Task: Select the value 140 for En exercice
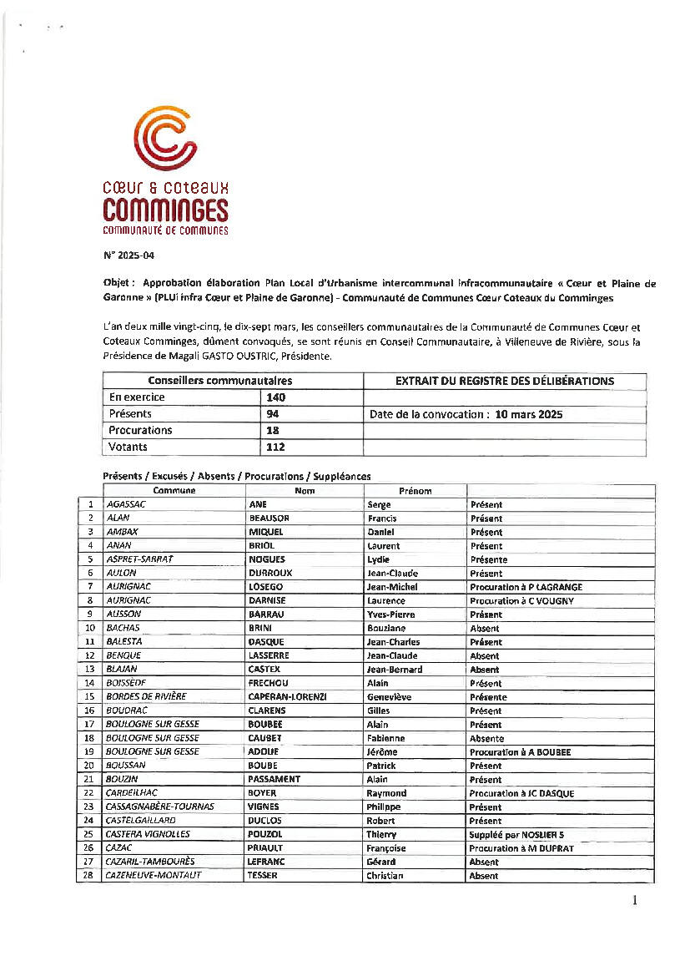click(x=275, y=397)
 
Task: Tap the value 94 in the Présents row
click(x=272, y=414)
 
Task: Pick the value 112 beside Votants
click(x=275, y=447)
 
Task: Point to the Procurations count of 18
click(x=272, y=430)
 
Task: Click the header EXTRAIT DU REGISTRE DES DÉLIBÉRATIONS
click(x=504, y=381)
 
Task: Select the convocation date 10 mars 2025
click(x=528, y=414)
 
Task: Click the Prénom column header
click(x=415, y=491)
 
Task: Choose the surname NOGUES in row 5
click(x=266, y=559)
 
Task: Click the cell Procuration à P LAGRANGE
click(x=526, y=587)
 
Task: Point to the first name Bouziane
click(x=387, y=628)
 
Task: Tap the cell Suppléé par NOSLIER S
click(x=516, y=834)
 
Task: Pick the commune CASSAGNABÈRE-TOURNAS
click(x=159, y=807)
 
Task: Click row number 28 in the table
click(x=88, y=875)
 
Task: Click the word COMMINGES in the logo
click(x=165, y=208)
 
